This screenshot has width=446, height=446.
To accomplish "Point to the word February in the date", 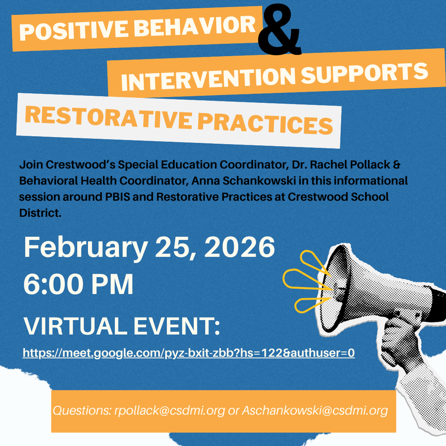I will click(85, 248).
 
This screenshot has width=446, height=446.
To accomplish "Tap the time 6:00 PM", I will click(78, 285).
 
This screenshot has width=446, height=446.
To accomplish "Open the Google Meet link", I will click(189, 352).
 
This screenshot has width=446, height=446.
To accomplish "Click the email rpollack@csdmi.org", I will click(170, 410).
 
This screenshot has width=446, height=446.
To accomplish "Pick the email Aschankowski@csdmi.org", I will click(314, 410).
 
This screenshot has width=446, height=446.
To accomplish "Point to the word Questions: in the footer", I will click(81, 410).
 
